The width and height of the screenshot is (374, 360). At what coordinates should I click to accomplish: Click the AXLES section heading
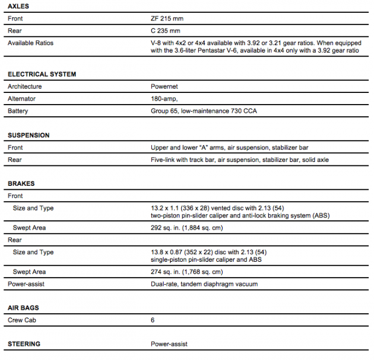[x=18, y=6]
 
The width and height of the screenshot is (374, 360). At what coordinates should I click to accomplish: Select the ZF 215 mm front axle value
[x=167, y=19]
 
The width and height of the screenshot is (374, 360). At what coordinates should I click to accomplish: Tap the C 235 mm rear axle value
[x=165, y=30]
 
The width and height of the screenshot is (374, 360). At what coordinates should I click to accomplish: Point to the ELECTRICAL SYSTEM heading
[x=41, y=74]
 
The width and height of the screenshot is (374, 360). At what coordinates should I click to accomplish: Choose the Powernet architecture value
[x=164, y=86]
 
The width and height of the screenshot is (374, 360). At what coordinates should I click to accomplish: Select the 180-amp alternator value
[x=165, y=99]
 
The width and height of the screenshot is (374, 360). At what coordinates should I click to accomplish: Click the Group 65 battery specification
[x=204, y=111]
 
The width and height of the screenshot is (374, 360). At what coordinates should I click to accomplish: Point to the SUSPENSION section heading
[x=29, y=135]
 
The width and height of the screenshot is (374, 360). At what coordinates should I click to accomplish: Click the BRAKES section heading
[x=21, y=184]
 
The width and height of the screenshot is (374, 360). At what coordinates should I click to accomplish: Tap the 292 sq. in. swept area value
[x=187, y=228]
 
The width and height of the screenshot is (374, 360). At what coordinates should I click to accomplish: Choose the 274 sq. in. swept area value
[x=187, y=272]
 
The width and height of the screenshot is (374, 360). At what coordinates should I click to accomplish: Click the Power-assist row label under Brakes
[x=27, y=284]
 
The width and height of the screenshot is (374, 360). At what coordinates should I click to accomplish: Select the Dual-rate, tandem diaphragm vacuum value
[x=204, y=284]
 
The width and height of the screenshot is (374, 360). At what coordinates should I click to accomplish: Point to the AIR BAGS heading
[x=24, y=307]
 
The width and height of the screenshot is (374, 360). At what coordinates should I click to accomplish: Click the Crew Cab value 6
[x=153, y=320]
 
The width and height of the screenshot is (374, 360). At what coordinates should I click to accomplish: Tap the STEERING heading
[x=24, y=344]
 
